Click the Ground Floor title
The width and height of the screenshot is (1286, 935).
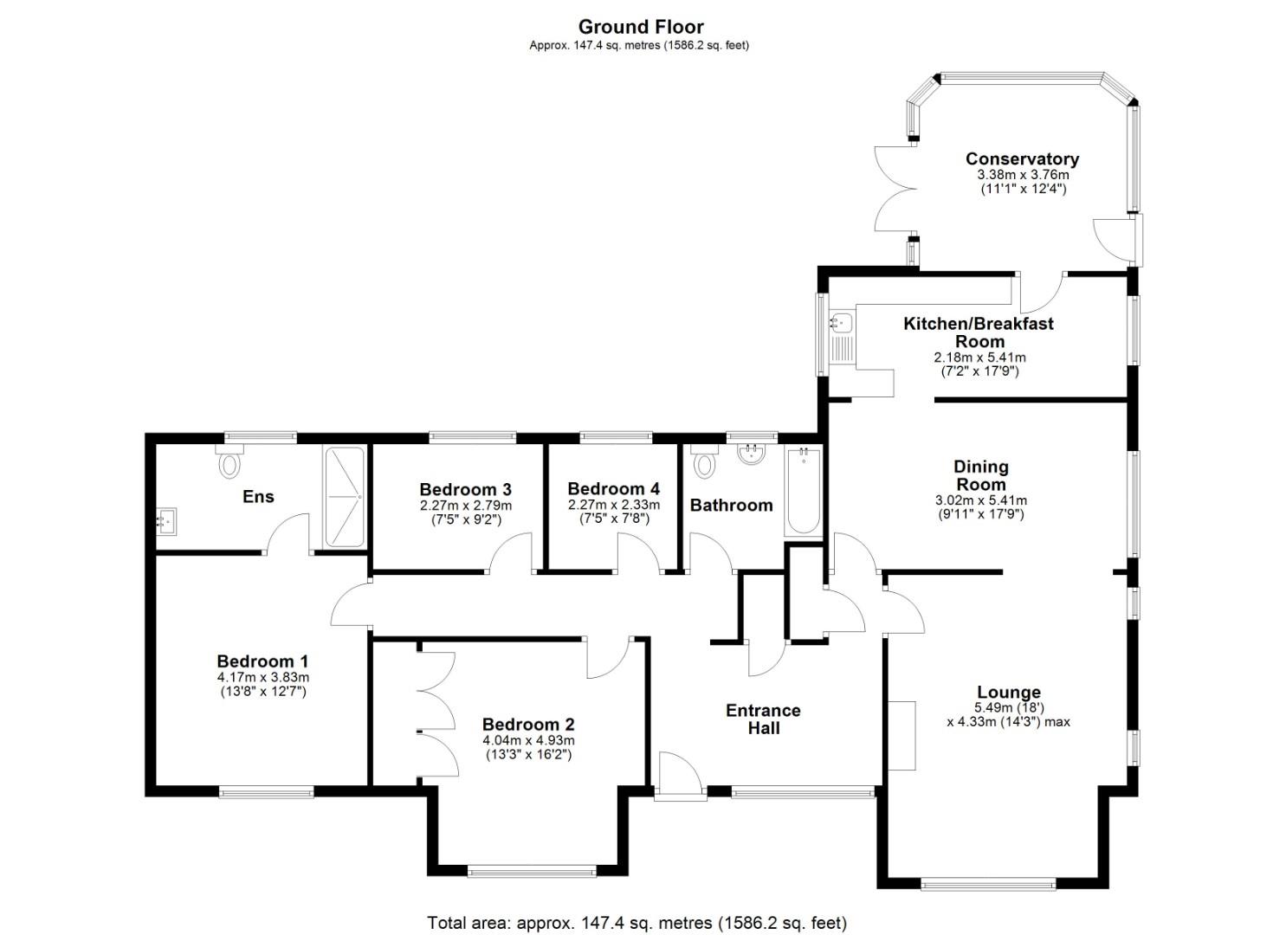click(640, 27)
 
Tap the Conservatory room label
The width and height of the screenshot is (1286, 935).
click(1022, 158)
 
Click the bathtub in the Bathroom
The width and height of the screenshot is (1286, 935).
click(803, 491)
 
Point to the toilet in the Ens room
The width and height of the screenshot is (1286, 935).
click(229, 462)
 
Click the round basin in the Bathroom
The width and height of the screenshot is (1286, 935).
click(751, 454)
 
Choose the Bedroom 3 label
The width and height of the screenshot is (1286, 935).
click(465, 489)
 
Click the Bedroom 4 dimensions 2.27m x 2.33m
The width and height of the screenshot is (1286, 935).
click(613, 505)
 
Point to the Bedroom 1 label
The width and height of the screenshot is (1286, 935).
click(262, 661)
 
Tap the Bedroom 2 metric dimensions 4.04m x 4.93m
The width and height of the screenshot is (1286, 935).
click(528, 740)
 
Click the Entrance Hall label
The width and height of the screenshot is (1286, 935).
click(763, 719)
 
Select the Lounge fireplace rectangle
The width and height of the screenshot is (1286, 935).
click(901, 734)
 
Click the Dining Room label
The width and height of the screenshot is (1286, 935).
click(980, 475)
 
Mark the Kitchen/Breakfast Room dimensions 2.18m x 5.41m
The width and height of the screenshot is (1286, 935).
click(979, 357)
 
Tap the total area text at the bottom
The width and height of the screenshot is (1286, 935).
click(637, 923)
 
